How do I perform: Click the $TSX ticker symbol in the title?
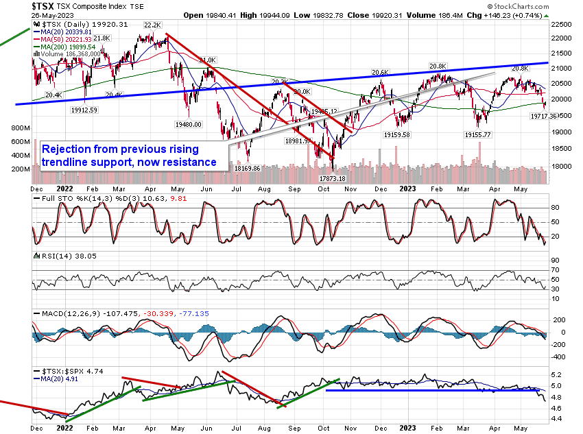click(x=45, y=6)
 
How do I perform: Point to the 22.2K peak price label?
click(x=152, y=25)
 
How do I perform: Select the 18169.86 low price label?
click(x=246, y=168)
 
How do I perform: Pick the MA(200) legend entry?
click(x=68, y=46)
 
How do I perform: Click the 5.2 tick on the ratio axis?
click(x=557, y=374)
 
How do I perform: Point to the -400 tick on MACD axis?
click(x=559, y=357)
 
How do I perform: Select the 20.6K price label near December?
click(x=380, y=72)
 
